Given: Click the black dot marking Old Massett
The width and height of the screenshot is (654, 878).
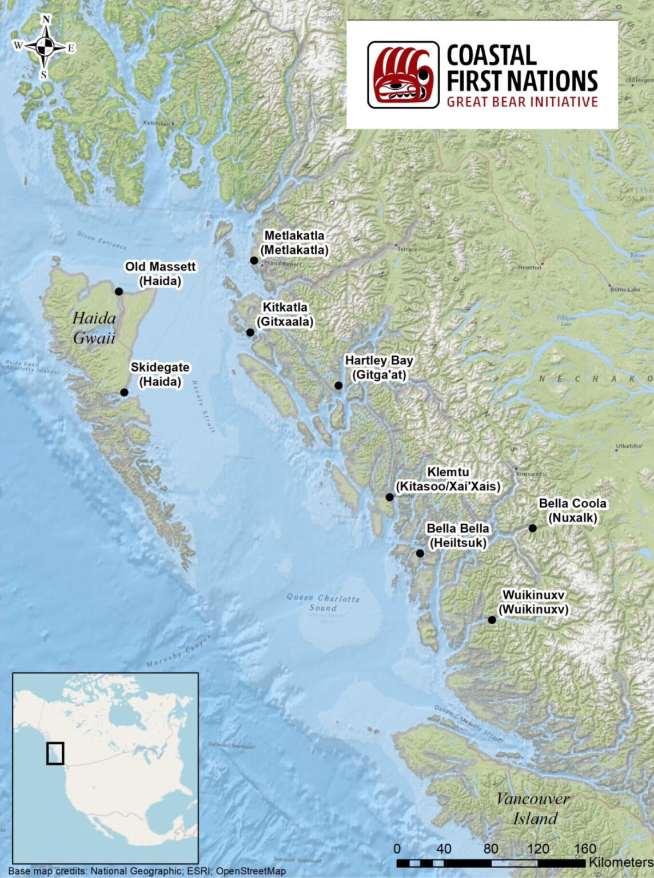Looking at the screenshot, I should pos(119,292).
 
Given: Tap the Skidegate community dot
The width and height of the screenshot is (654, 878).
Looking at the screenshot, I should pos(124,392).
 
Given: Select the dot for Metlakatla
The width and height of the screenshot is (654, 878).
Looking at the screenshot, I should pos(254,261).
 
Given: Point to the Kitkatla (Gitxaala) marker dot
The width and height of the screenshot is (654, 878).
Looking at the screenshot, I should pos(250,333).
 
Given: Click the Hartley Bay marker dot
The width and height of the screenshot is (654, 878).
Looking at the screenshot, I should pos(338,386).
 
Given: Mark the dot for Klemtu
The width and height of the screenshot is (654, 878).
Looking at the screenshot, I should pos(389,497).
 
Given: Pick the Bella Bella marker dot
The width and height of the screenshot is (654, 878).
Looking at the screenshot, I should pos(420,553).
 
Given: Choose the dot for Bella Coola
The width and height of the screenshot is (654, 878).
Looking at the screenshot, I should pos(532,528).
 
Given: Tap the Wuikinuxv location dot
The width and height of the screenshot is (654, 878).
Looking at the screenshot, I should pos(492,620).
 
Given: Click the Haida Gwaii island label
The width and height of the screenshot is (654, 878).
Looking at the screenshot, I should pos(94,328).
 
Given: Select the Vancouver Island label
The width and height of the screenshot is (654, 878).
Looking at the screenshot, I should pos(533,808).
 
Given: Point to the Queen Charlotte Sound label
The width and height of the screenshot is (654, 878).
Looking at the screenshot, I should pos(323,602).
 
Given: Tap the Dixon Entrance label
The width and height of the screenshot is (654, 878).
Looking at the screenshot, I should pos(102,240).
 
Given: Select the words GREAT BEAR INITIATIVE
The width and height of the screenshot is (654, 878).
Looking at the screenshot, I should pos(521,102).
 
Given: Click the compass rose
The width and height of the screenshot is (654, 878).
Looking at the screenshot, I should pos(45,47).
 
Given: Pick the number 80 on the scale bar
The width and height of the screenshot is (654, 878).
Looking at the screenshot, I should pos(490,849).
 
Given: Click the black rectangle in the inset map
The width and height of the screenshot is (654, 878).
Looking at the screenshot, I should pos(55,753).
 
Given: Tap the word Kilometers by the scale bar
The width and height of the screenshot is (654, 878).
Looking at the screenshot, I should pos(621,862).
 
